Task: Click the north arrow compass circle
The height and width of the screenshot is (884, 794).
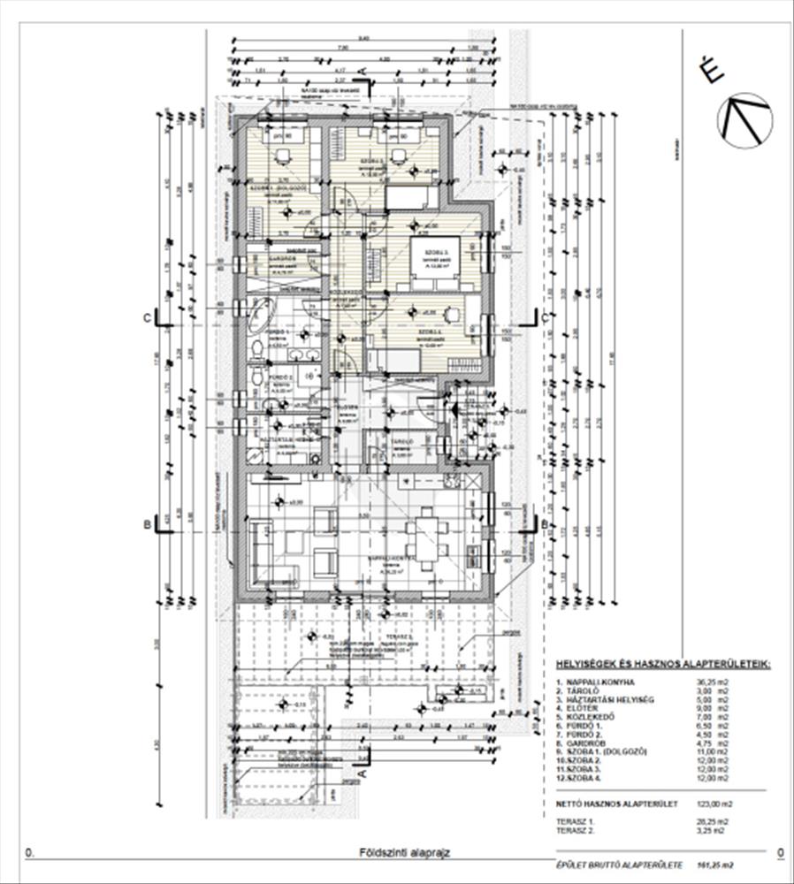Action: click(x=744, y=120)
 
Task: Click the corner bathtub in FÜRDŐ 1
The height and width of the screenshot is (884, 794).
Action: click(x=262, y=316)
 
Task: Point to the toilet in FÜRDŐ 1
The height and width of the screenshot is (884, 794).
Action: click(x=256, y=350)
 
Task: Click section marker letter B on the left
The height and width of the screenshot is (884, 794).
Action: click(x=148, y=524)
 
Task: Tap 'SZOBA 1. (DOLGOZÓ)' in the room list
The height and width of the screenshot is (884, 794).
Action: click(x=611, y=751)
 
